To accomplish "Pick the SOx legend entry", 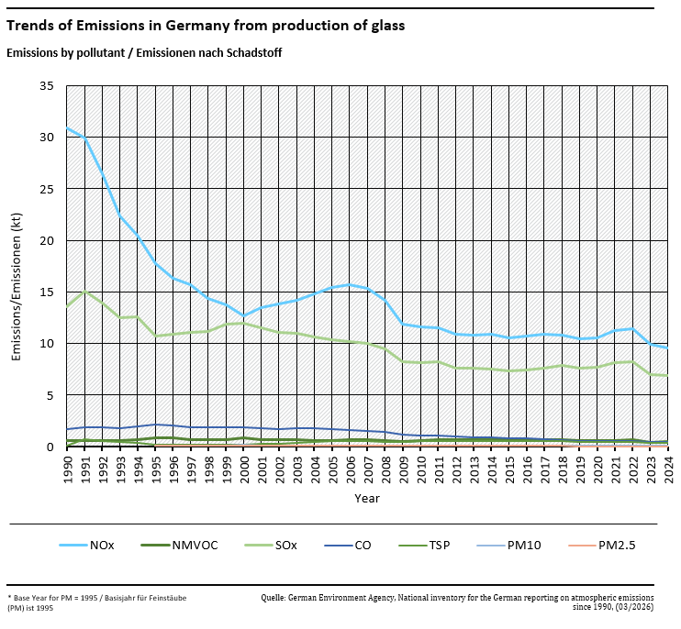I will tap(285, 546).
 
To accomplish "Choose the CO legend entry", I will tap(363, 546).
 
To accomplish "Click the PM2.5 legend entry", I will tap(617, 546).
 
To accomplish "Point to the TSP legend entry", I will tap(440, 546).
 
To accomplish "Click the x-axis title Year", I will tap(367, 498).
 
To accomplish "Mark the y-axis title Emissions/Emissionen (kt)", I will tap(17, 265).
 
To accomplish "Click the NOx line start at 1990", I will tap(67, 127).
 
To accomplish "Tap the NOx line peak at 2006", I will tap(350, 284).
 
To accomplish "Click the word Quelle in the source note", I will tap(273, 596).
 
